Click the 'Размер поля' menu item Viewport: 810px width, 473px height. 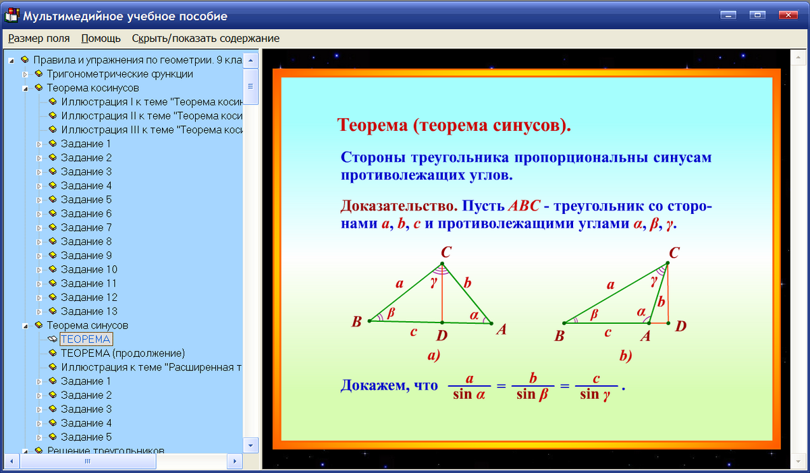click(x=39, y=38)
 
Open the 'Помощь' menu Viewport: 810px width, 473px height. click(x=101, y=38)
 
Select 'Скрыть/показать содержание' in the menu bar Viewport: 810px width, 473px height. click(x=205, y=38)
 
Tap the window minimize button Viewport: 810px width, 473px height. click(x=728, y=15)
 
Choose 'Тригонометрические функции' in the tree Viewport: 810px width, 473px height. click(x=119, y=74)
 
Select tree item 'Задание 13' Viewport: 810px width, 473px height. click(x=89, y=311)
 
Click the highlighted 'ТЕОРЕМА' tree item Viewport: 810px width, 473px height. click(x=86, y=339)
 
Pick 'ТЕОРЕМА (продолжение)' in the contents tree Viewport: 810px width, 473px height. click(x=123, y=353)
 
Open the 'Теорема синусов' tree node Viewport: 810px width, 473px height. click(x=87, y=325)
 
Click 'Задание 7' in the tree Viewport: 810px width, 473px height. click(x=86, y=227)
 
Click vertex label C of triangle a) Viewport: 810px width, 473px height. click(x=446, y=252)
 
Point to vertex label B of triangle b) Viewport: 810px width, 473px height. click(x=559, y=335)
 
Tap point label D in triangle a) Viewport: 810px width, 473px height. click(x=441, y=335)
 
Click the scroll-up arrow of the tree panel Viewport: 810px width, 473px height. click(x=250, y=61)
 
